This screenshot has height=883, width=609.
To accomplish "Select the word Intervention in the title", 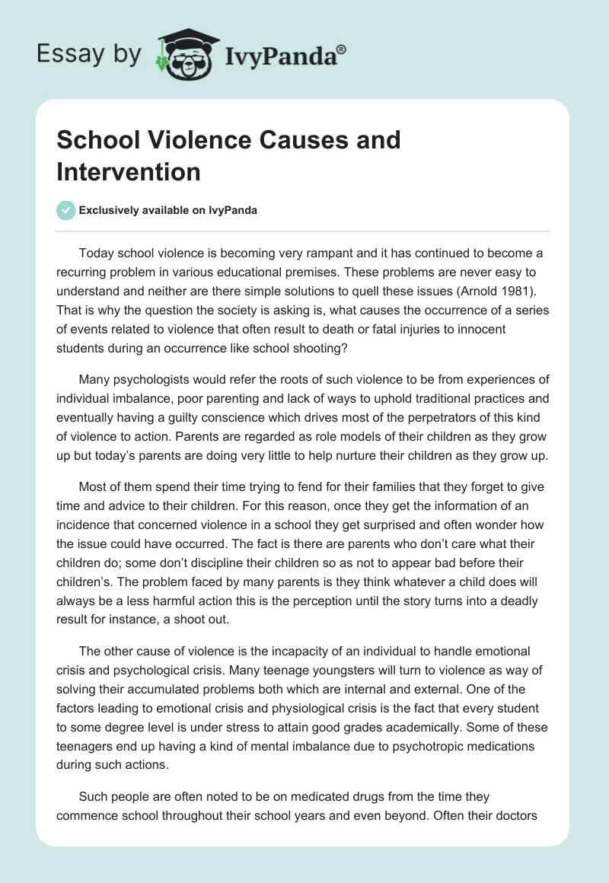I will [x=128, y=172].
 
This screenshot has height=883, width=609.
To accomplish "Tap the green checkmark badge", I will [x=65, y=210].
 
